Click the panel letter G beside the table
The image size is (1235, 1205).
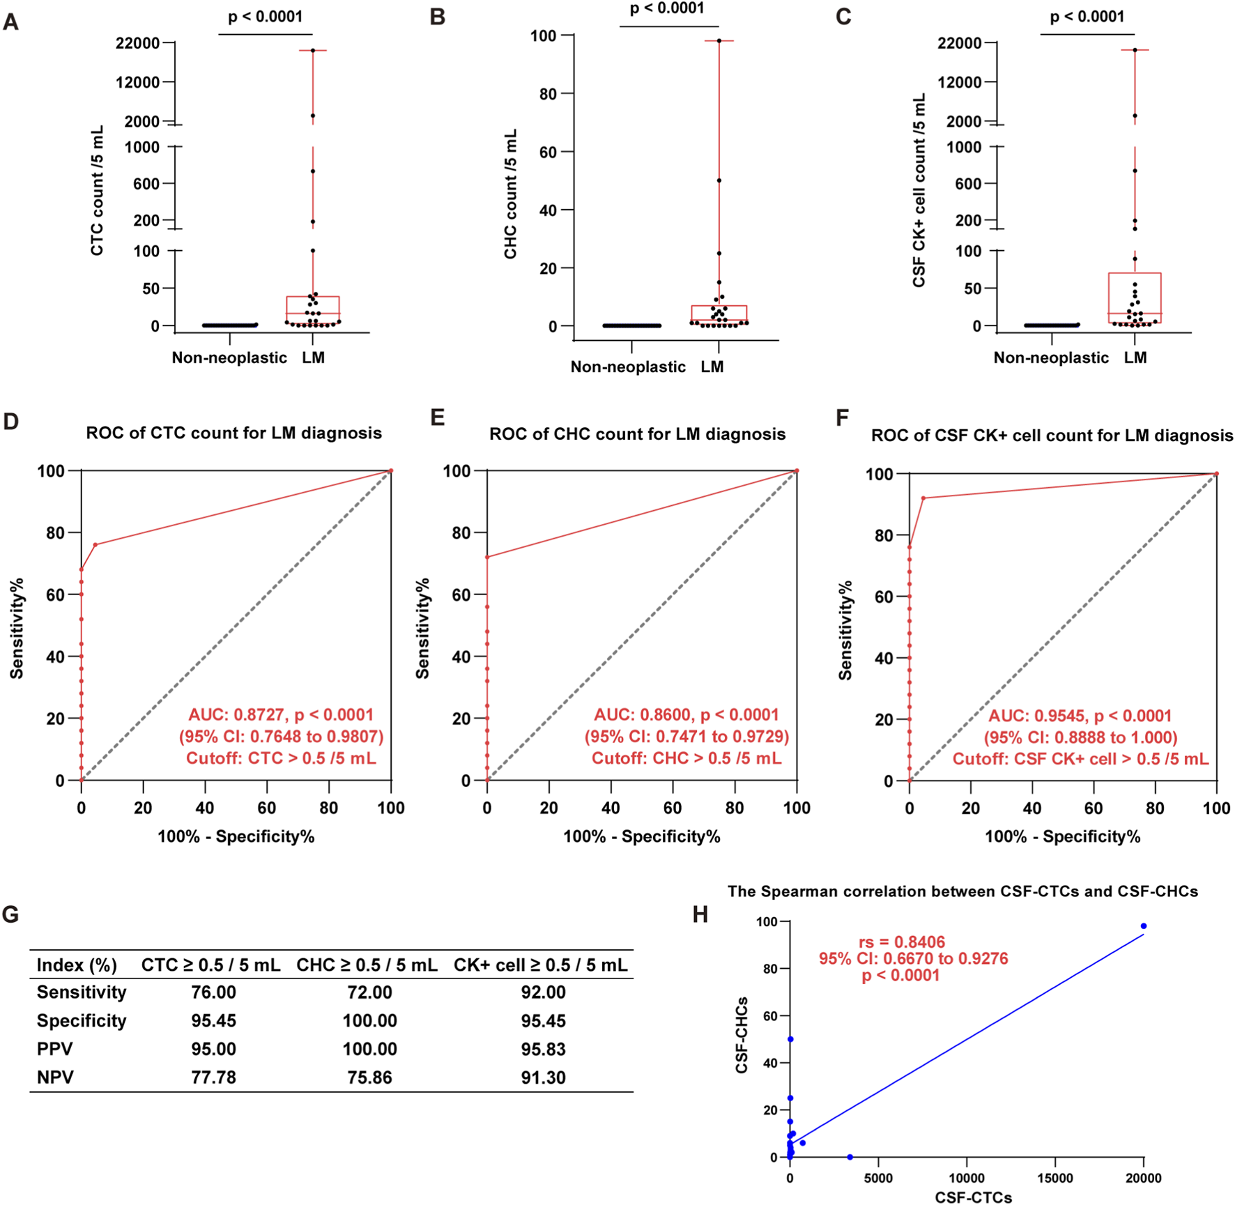(10, 914)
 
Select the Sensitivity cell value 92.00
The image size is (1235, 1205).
(543, 992)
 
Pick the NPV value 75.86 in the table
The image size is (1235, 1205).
(369, 1077)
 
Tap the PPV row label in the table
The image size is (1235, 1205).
(55, 1049)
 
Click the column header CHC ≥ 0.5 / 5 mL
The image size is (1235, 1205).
(367, 965)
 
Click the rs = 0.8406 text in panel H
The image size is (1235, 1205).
(901, 942)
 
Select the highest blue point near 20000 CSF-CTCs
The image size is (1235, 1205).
(1144, 926)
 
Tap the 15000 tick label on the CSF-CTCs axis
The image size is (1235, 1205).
(1055, 1178)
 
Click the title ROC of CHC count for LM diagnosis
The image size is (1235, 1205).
(637, 434)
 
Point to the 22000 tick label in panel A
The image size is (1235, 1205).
(138, 43)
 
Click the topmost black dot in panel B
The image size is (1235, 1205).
(719, 41)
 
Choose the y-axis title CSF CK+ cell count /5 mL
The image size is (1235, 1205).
(919, 190)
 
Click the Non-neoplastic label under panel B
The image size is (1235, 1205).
(628, 367)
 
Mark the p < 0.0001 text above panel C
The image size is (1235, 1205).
(1087, 17)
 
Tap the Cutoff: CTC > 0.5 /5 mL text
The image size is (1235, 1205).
(281, 758)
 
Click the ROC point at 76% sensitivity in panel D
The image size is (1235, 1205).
(95, 544)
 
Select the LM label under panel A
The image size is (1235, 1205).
(313, 358)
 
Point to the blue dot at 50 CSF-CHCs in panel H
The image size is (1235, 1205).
(790, 1039)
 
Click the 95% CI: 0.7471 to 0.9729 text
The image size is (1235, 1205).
(686, 737)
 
